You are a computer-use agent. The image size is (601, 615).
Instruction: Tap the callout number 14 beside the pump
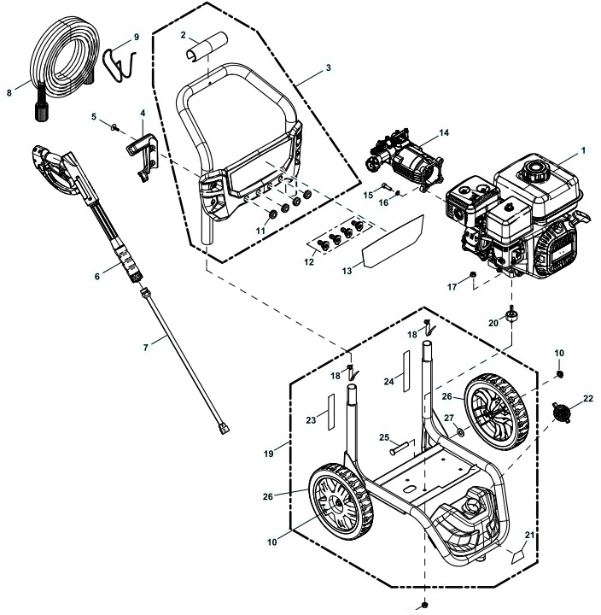tap(442, 133)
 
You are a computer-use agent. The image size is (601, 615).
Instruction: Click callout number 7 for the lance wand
tap(146, 346)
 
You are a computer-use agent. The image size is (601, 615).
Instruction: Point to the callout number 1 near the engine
tap(583, 149)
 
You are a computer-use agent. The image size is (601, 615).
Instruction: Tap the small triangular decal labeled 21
tap(517, 555)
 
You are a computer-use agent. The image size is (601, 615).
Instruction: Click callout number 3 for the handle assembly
tap(328, 66)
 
